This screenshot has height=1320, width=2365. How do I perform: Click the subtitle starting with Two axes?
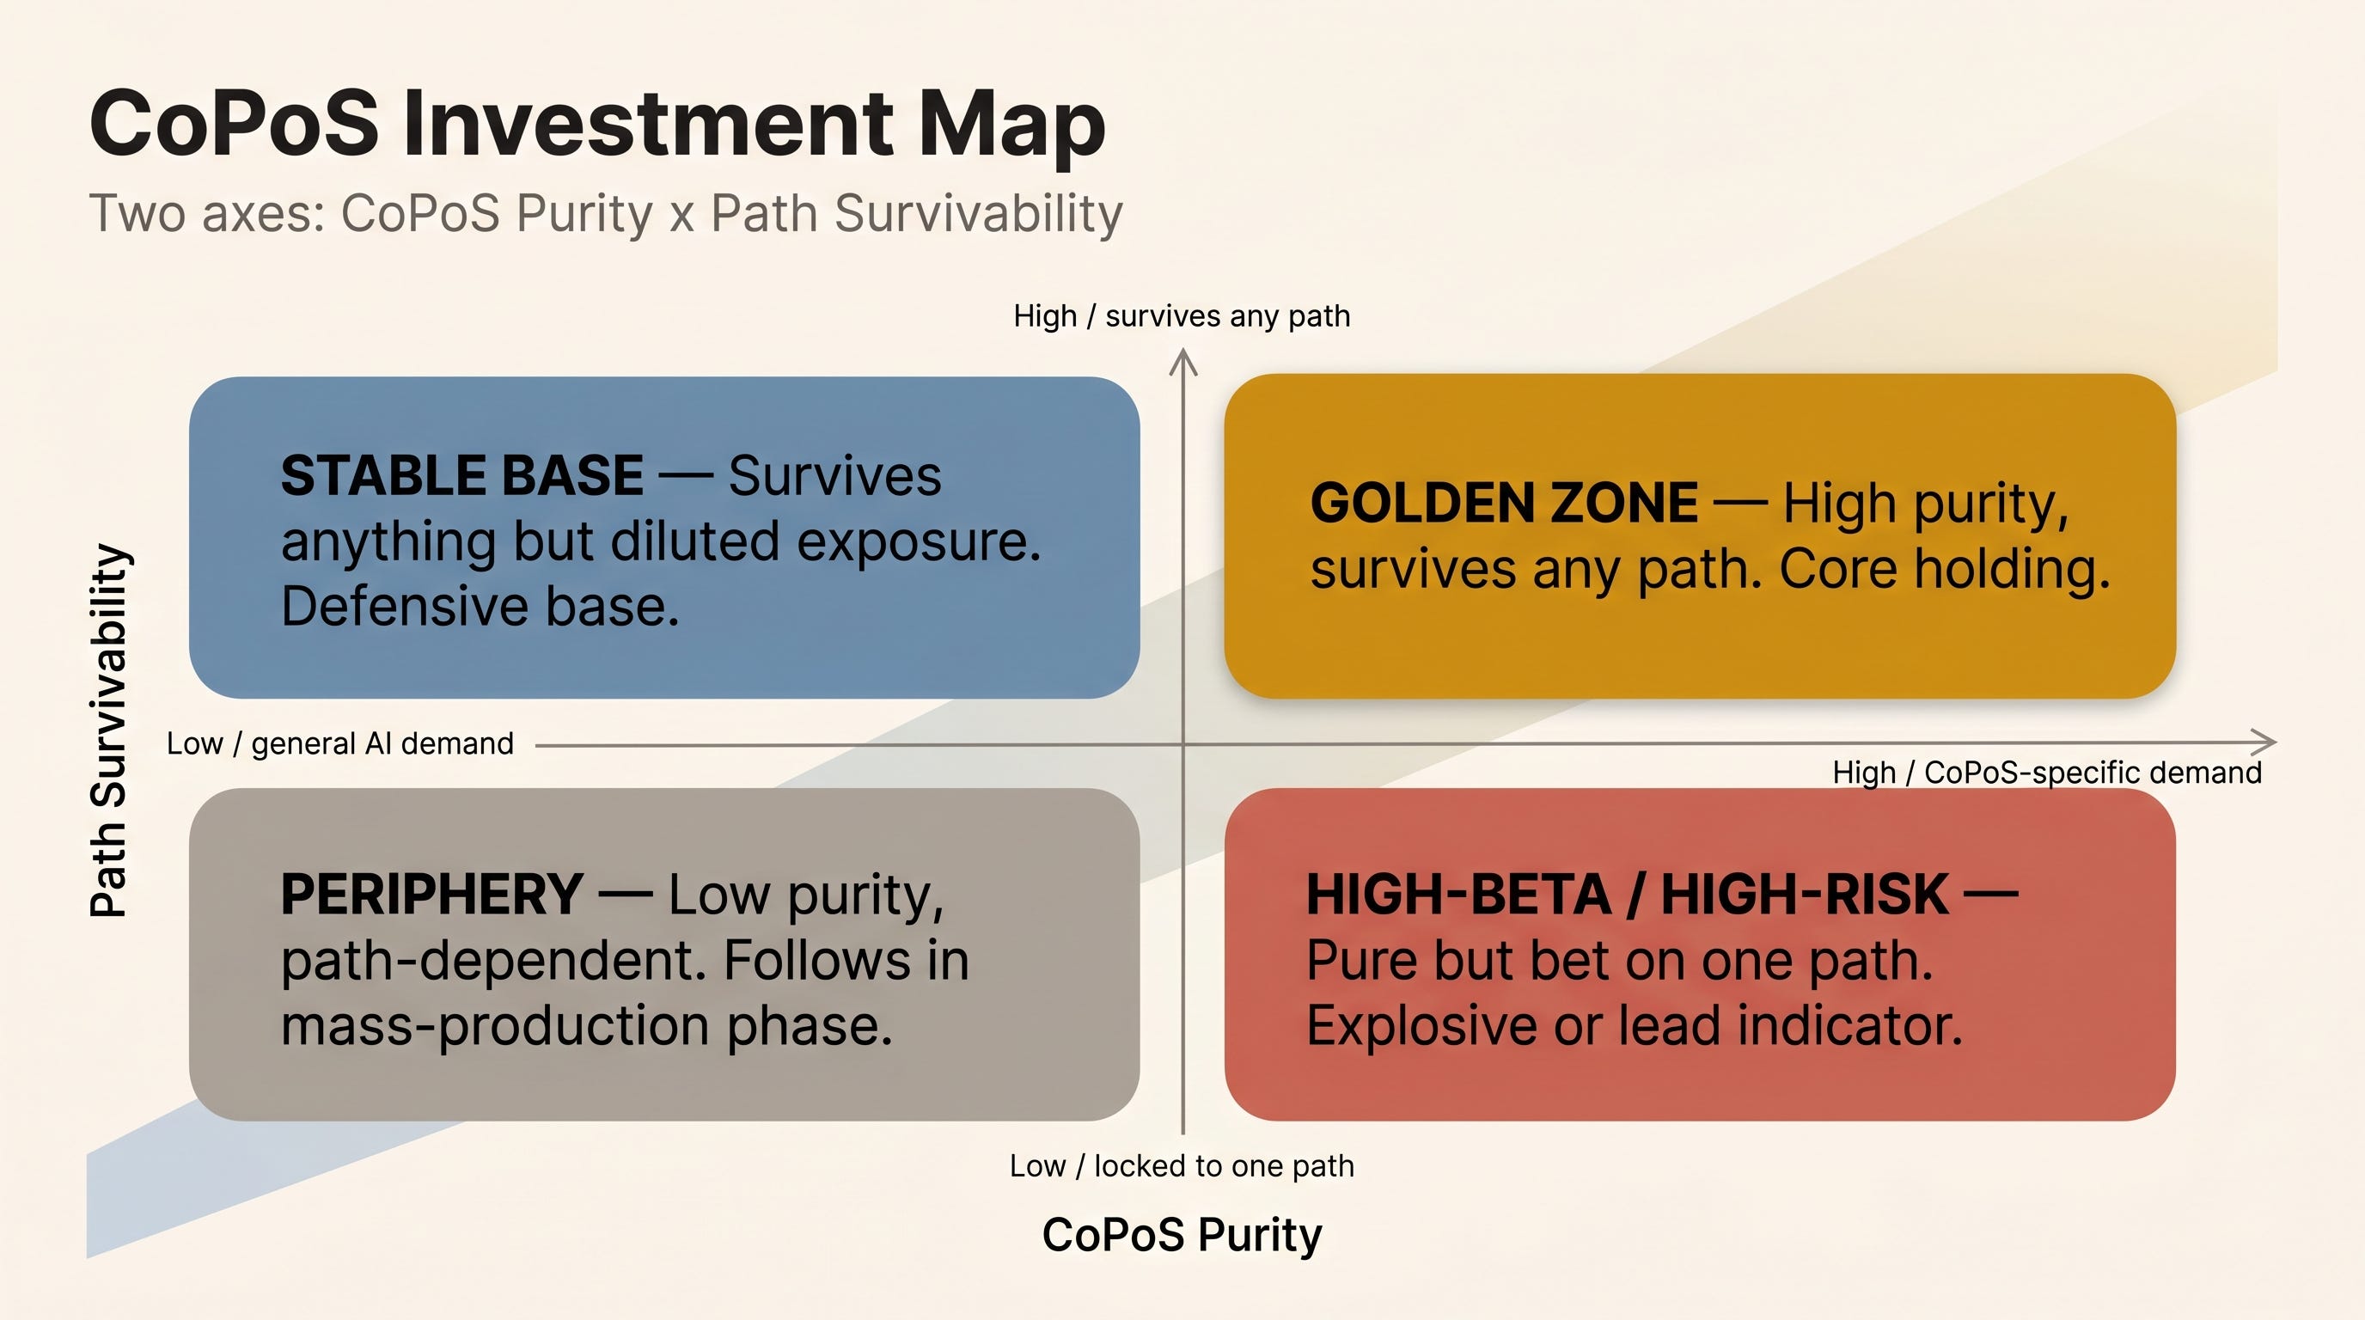(606, 214)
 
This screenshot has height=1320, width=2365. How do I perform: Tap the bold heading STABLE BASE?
(461, 475)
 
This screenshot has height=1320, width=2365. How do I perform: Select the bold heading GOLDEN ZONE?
(1504, 503)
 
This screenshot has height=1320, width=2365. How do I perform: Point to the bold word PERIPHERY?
(431, 894)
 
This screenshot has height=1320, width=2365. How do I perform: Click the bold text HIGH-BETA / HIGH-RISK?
(1627, 894)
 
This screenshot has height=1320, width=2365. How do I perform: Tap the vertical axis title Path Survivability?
(109, 730)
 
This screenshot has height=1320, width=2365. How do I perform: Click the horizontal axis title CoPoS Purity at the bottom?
(1182, 1235)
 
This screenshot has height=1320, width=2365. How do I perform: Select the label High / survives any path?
(1182, 315)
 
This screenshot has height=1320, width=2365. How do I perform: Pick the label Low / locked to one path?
(1182, 1166)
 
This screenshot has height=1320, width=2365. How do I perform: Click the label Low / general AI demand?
(339, 743)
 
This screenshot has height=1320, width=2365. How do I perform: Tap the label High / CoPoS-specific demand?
(2047, 773)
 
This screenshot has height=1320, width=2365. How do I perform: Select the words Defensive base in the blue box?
(480, 607)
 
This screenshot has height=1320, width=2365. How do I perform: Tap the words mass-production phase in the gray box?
(587, 1025)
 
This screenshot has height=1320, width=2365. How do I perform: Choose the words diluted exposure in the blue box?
(825, 541)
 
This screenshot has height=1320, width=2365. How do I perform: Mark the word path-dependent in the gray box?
(495, 961)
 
